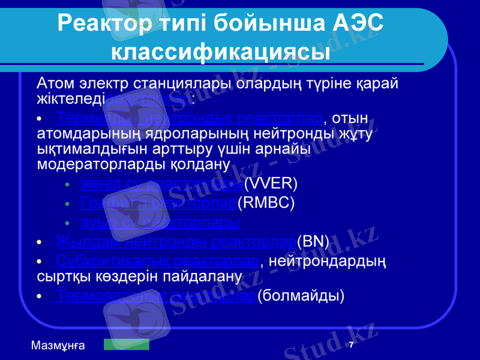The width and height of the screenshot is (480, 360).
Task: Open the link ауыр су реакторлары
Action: coord(160,223)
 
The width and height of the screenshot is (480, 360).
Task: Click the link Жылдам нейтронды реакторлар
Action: coord(176,242)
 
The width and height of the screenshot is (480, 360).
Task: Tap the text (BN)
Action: coord(313,242)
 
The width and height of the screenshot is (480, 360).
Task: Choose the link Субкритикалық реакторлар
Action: coord(157,262)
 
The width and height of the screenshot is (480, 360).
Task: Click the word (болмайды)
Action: coord(301,295)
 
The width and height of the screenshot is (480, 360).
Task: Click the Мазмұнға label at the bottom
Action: coord(58,345)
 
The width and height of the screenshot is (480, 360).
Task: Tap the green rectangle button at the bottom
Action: coord(126,344)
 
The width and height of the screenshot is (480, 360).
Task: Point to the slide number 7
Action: coord(351,344)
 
